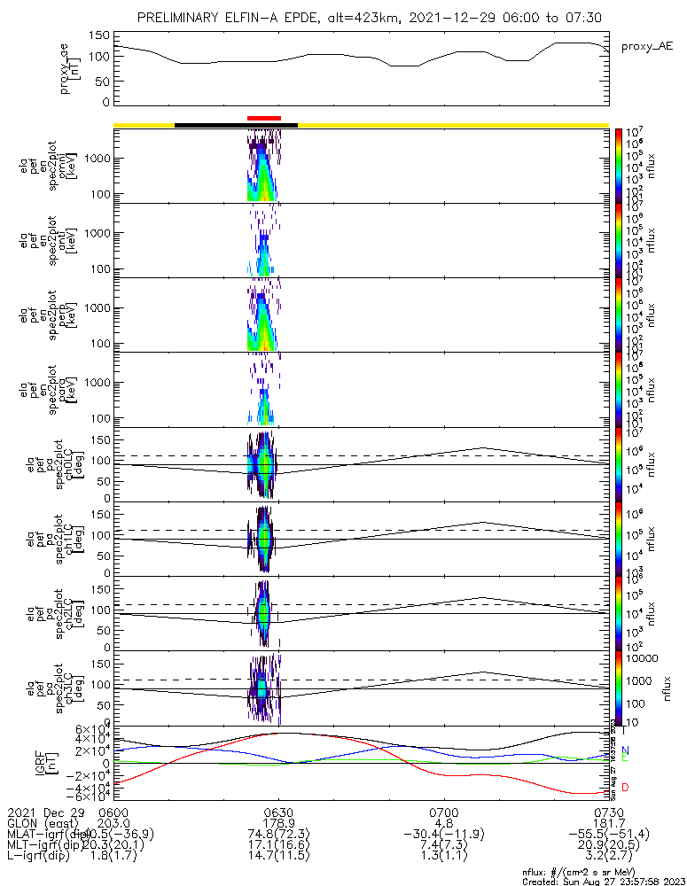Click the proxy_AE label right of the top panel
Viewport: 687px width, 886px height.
coord(647,45)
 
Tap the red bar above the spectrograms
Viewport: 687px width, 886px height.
coord(264,118)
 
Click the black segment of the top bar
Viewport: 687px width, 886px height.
coord(236,125)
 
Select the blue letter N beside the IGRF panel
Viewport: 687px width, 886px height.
coord(625,750)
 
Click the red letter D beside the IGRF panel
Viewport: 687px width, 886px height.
coord(625,788)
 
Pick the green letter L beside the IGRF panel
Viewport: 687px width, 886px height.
coord(625,758)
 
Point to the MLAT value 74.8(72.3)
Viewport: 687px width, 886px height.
coord(278,835)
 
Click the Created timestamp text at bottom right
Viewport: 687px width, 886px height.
coord(605,882)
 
